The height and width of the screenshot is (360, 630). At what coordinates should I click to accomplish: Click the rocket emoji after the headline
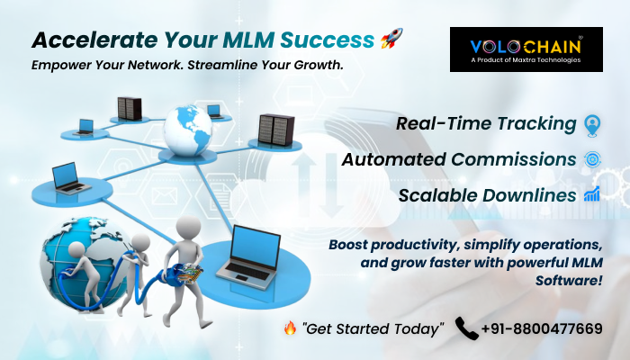click(x=391, y=39)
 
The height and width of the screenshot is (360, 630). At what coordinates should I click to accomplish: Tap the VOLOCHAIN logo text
click(x=526, y=47)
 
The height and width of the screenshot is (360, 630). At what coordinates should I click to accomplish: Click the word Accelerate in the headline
click(x=94, y=40)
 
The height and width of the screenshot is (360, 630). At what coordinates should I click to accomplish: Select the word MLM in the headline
click(x=248, y=40)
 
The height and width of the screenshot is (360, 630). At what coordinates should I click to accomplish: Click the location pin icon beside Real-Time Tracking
click(x=592, y=125)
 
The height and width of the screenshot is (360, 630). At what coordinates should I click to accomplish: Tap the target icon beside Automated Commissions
click(x=592, y=159)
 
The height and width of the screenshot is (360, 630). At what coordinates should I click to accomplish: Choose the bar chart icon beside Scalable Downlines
click(x=592, y=194)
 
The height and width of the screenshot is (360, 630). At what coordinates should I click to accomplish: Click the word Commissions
click(x=514, y=159)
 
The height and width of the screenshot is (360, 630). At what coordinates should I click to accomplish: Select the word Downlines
click(x=529, y=195)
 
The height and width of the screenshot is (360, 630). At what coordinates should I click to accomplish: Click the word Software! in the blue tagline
click(x=569, y=280)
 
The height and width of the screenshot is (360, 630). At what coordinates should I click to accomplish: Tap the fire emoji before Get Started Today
click(x=290, y=328)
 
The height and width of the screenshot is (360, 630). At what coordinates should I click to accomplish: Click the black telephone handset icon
click(x=466, y=328)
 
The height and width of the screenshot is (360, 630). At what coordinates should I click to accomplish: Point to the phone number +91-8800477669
click(x=542, y=328)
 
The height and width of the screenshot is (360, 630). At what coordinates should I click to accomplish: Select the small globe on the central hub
click(x=187, y=130)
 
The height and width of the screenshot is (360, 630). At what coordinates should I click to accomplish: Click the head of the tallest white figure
click(x=188, y=229)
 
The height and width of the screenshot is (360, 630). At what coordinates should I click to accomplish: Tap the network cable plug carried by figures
click(x=188, y=274)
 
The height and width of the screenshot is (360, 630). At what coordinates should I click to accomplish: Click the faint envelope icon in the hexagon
click(x=165, y=195)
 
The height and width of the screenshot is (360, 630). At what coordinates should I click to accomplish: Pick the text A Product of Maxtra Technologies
click(x=526, y=60)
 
